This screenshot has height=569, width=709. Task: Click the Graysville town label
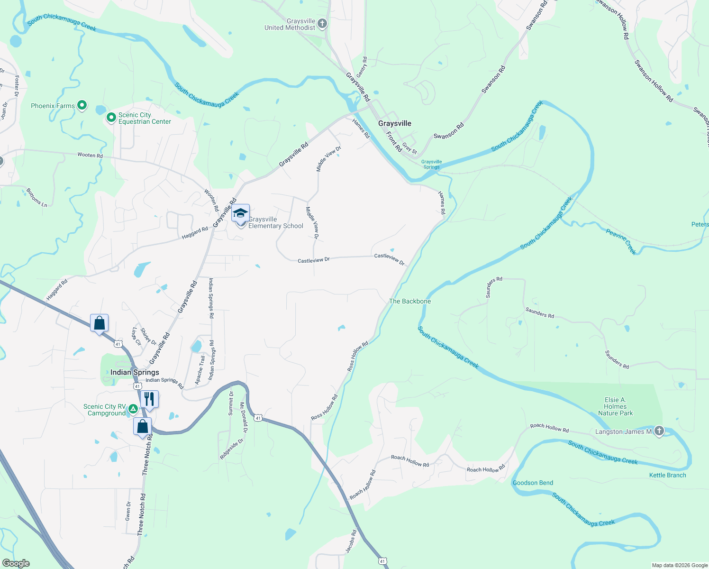pyautogui.click(x=394, y=123)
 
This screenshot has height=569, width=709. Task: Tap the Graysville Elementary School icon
pyautogui.click(x=240, y=214)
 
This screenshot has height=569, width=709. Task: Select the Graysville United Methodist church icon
pyautogui.click(x=322, y=24)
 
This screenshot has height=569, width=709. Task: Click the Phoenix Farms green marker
pyautogui.click(x=82, y=105)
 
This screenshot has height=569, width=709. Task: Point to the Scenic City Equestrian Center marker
pyautogui.click(x=111, y=117)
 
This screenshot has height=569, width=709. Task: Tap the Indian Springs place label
pyautogui.click(x=135, y=372)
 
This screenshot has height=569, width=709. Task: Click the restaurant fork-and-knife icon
pyautogui.click(x=149, y=399)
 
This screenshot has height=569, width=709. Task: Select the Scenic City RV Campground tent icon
pyautogui.click(x=134, y=409)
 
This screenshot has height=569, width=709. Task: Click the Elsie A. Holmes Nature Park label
pyautogui.click(x=615, y=406)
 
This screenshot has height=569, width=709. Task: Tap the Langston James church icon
pyautogui.click(x=659, y=431)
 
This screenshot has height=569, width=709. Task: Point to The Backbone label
pyautogui.click(x=410, y=301)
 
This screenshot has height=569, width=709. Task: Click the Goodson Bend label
pyautogui.click(x=533, y=483)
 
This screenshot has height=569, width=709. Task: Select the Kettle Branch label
pyautogui.click(x=667, y=475)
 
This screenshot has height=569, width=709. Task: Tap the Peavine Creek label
pyautogui.click(x=621, y=241)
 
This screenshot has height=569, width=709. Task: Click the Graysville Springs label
pyautogui.click(x=431, y=164)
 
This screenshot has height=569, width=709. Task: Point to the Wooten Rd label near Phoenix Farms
pyautogui.click(x=90, y=155)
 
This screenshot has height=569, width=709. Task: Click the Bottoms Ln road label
pyautogui.click(x=36, y=197)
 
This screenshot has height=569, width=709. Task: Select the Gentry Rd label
pyautogui.click(x=362, y=67)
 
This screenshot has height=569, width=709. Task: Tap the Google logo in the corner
pyautogui.click(x=16, y=563)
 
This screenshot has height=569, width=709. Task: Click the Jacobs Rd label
pyautogui.click(x=350, y=541)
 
